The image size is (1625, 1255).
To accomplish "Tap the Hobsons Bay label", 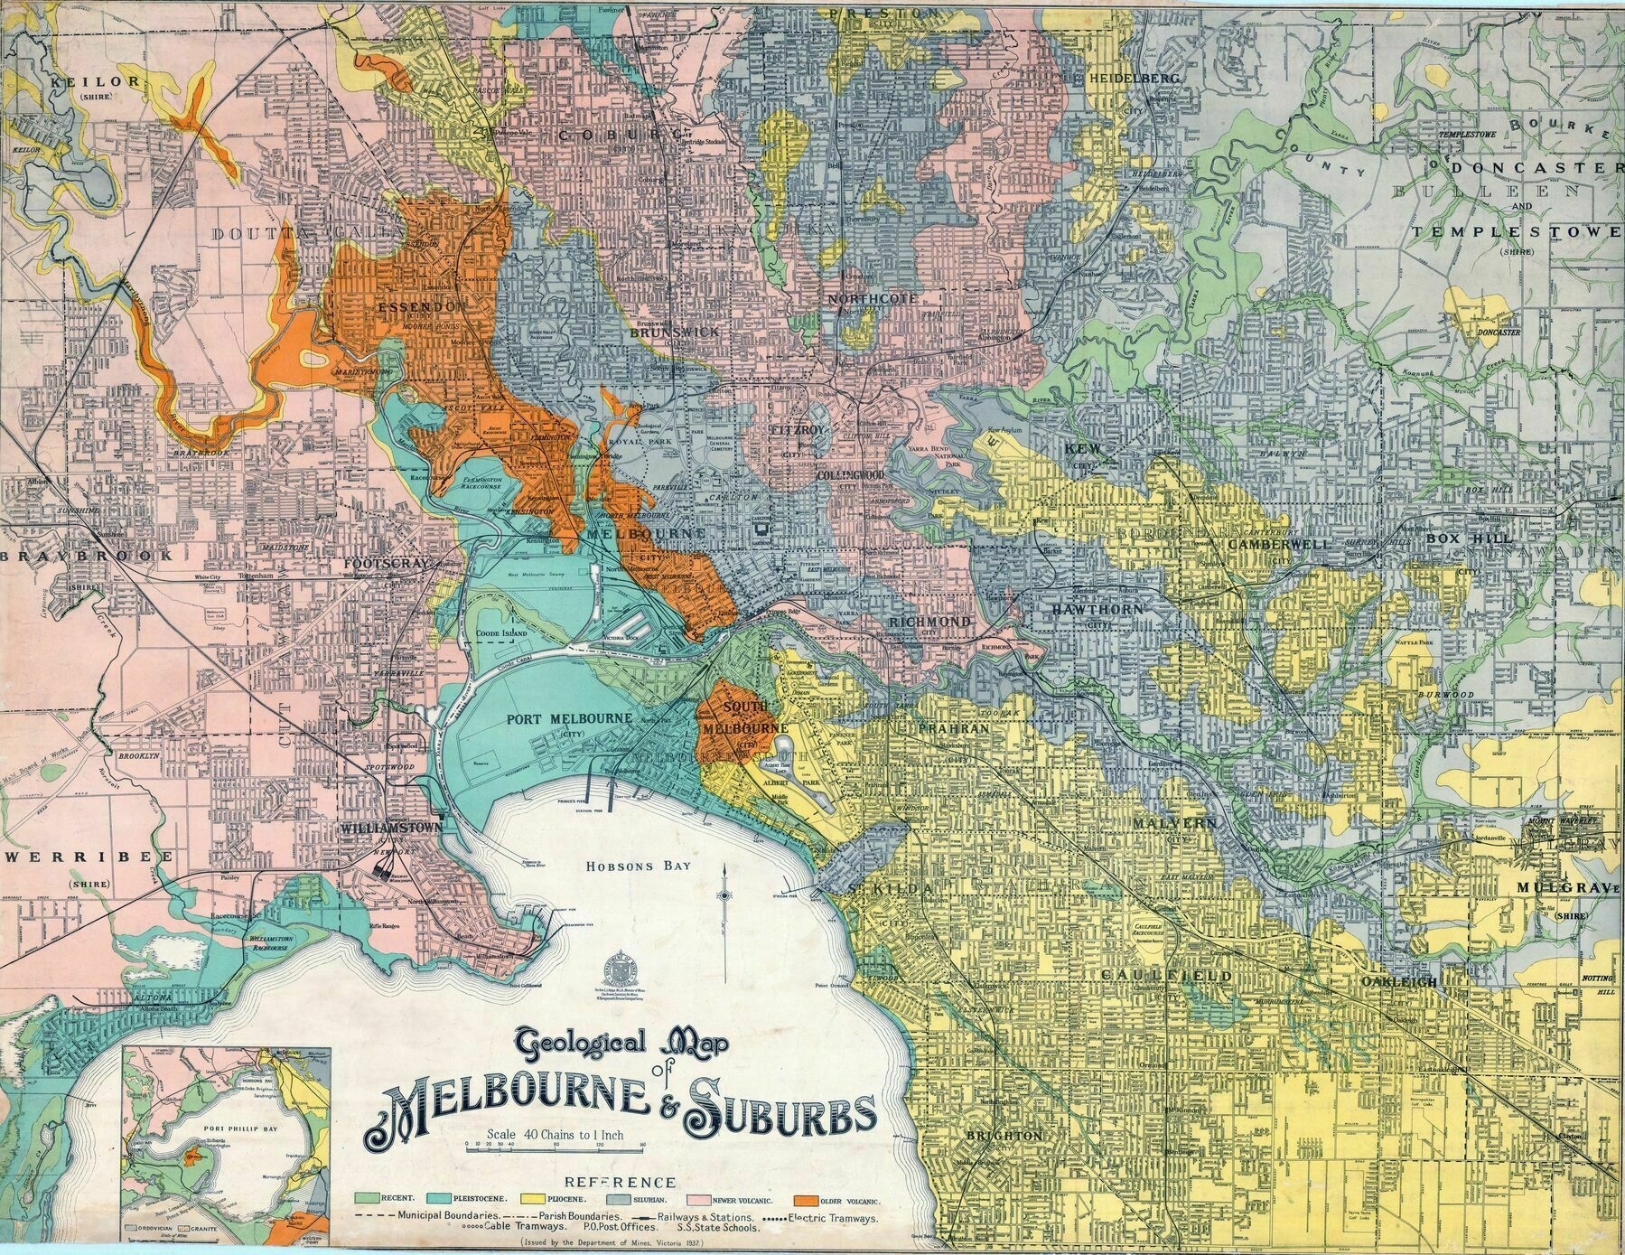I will [639, 866].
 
